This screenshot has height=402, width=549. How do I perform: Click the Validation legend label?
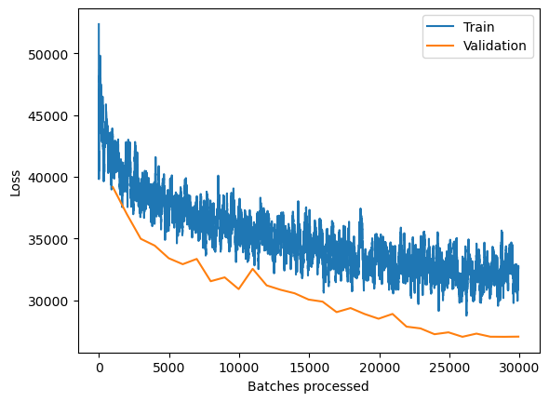point(494,46)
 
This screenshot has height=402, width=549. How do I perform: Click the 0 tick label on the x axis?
point(99,368)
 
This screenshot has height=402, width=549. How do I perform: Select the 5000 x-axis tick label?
point(168,368)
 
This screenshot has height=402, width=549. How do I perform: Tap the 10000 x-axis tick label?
point(238,368)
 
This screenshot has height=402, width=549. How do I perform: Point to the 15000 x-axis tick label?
point(309,368)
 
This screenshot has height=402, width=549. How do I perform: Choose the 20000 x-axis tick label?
point(379,368)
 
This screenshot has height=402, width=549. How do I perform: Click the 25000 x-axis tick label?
point(449,368)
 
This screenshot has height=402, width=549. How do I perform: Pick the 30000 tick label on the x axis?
point(518,368)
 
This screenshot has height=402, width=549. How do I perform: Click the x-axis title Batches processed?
point(309,386)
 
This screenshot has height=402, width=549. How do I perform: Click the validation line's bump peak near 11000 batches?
point(252,269)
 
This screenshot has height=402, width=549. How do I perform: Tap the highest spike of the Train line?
point(99,25)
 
